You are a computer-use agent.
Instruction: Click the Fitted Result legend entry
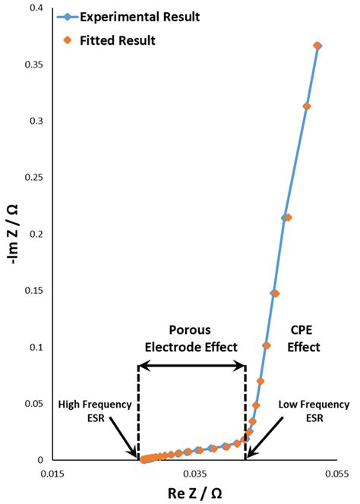pyautogui.click(x=99, y=39)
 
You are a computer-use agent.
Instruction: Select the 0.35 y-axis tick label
pyautogui.click(x=33, y=65)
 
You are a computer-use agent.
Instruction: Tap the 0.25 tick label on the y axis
pyautogui.click(x=33, y=178)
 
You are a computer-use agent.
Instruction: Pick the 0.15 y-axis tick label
pyautogui.click(x=33, y=291)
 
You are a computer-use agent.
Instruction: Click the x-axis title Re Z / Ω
pyautogui.click(x=194, y=493)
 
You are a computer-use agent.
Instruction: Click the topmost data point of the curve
pyautogui.click(x=317, y=46)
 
